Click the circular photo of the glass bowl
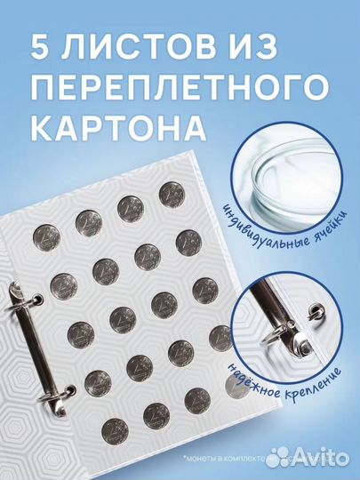(x=294, y=181)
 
